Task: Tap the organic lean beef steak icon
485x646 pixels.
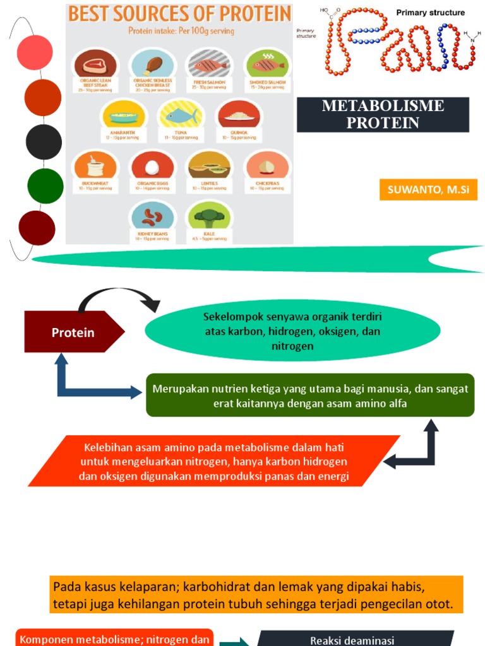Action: (95, 64)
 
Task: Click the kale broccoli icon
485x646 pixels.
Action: (209, 217)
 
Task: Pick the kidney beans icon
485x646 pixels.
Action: (152, 217)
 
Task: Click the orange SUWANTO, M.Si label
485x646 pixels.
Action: (428, 189)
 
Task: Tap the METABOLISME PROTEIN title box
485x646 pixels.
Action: (383, 114)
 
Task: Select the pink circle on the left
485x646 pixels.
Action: (35, 54)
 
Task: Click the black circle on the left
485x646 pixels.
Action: (44, 143)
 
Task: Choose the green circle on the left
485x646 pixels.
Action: (45, 186)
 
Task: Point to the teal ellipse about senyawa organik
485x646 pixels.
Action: (292, 331)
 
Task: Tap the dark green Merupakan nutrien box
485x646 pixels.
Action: (310, 396)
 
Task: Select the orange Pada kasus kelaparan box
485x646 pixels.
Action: (258, 594)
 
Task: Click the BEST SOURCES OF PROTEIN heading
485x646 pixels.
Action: (180, 14)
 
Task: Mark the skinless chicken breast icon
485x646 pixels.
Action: (152, 64)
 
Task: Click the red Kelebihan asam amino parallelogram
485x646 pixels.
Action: (213, 462)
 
